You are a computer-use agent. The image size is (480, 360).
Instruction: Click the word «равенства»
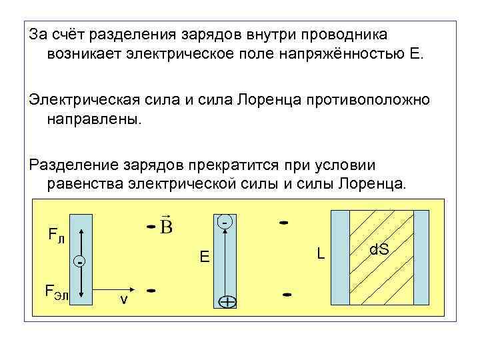[x=87, y=184]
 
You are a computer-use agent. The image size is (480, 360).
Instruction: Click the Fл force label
[x=56, y=234]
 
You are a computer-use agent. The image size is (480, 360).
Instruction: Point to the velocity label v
[x=124, y=299]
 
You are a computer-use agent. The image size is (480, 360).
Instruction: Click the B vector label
[x=167, y=226]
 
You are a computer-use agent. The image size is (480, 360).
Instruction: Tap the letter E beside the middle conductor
[x=205, y=257]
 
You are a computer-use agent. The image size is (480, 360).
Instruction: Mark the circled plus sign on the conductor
[x=227, y=303]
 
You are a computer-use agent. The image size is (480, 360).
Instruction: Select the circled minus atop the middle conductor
[x=226, y=220]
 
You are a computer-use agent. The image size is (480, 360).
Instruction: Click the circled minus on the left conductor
[x=80, y=261]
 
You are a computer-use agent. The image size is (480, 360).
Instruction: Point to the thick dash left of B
[x=151, y=229]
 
